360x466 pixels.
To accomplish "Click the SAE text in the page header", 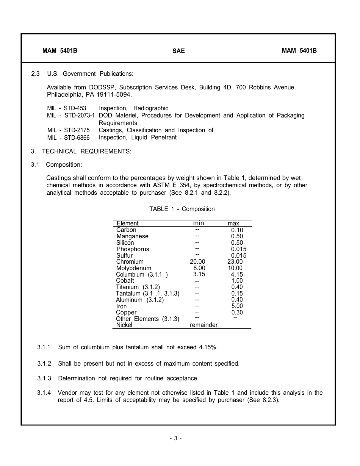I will [x=178, y=51].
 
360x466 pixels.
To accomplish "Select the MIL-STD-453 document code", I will [x=67, y=108].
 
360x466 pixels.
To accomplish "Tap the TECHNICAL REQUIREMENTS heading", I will [x=86, y=152].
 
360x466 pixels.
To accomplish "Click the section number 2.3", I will [x=35, y=73].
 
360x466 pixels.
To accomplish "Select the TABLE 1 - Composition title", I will [x=182, y=209].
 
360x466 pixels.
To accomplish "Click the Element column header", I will [x=128, y=224].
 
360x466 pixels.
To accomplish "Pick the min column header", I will [x=199, y=223].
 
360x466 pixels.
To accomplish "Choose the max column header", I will [x=233, y=224].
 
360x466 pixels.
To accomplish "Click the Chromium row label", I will [x=130, y=262].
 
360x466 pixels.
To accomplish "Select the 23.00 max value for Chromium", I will [x=235, y=262].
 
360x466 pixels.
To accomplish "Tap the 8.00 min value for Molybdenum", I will [x=199, y=268].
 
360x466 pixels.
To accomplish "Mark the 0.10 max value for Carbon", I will [x=237, y=230].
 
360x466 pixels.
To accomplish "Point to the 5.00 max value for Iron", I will [x=237, y=306].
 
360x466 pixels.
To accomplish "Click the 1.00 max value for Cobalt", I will [x=237, y=281].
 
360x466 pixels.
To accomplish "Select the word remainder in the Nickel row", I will [x=204, y=325].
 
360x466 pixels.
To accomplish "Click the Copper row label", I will [x=126, y=313].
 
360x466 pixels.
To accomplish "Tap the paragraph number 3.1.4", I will [x=44, y=393].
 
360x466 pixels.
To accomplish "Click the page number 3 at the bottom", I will [x=176, y=438].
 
